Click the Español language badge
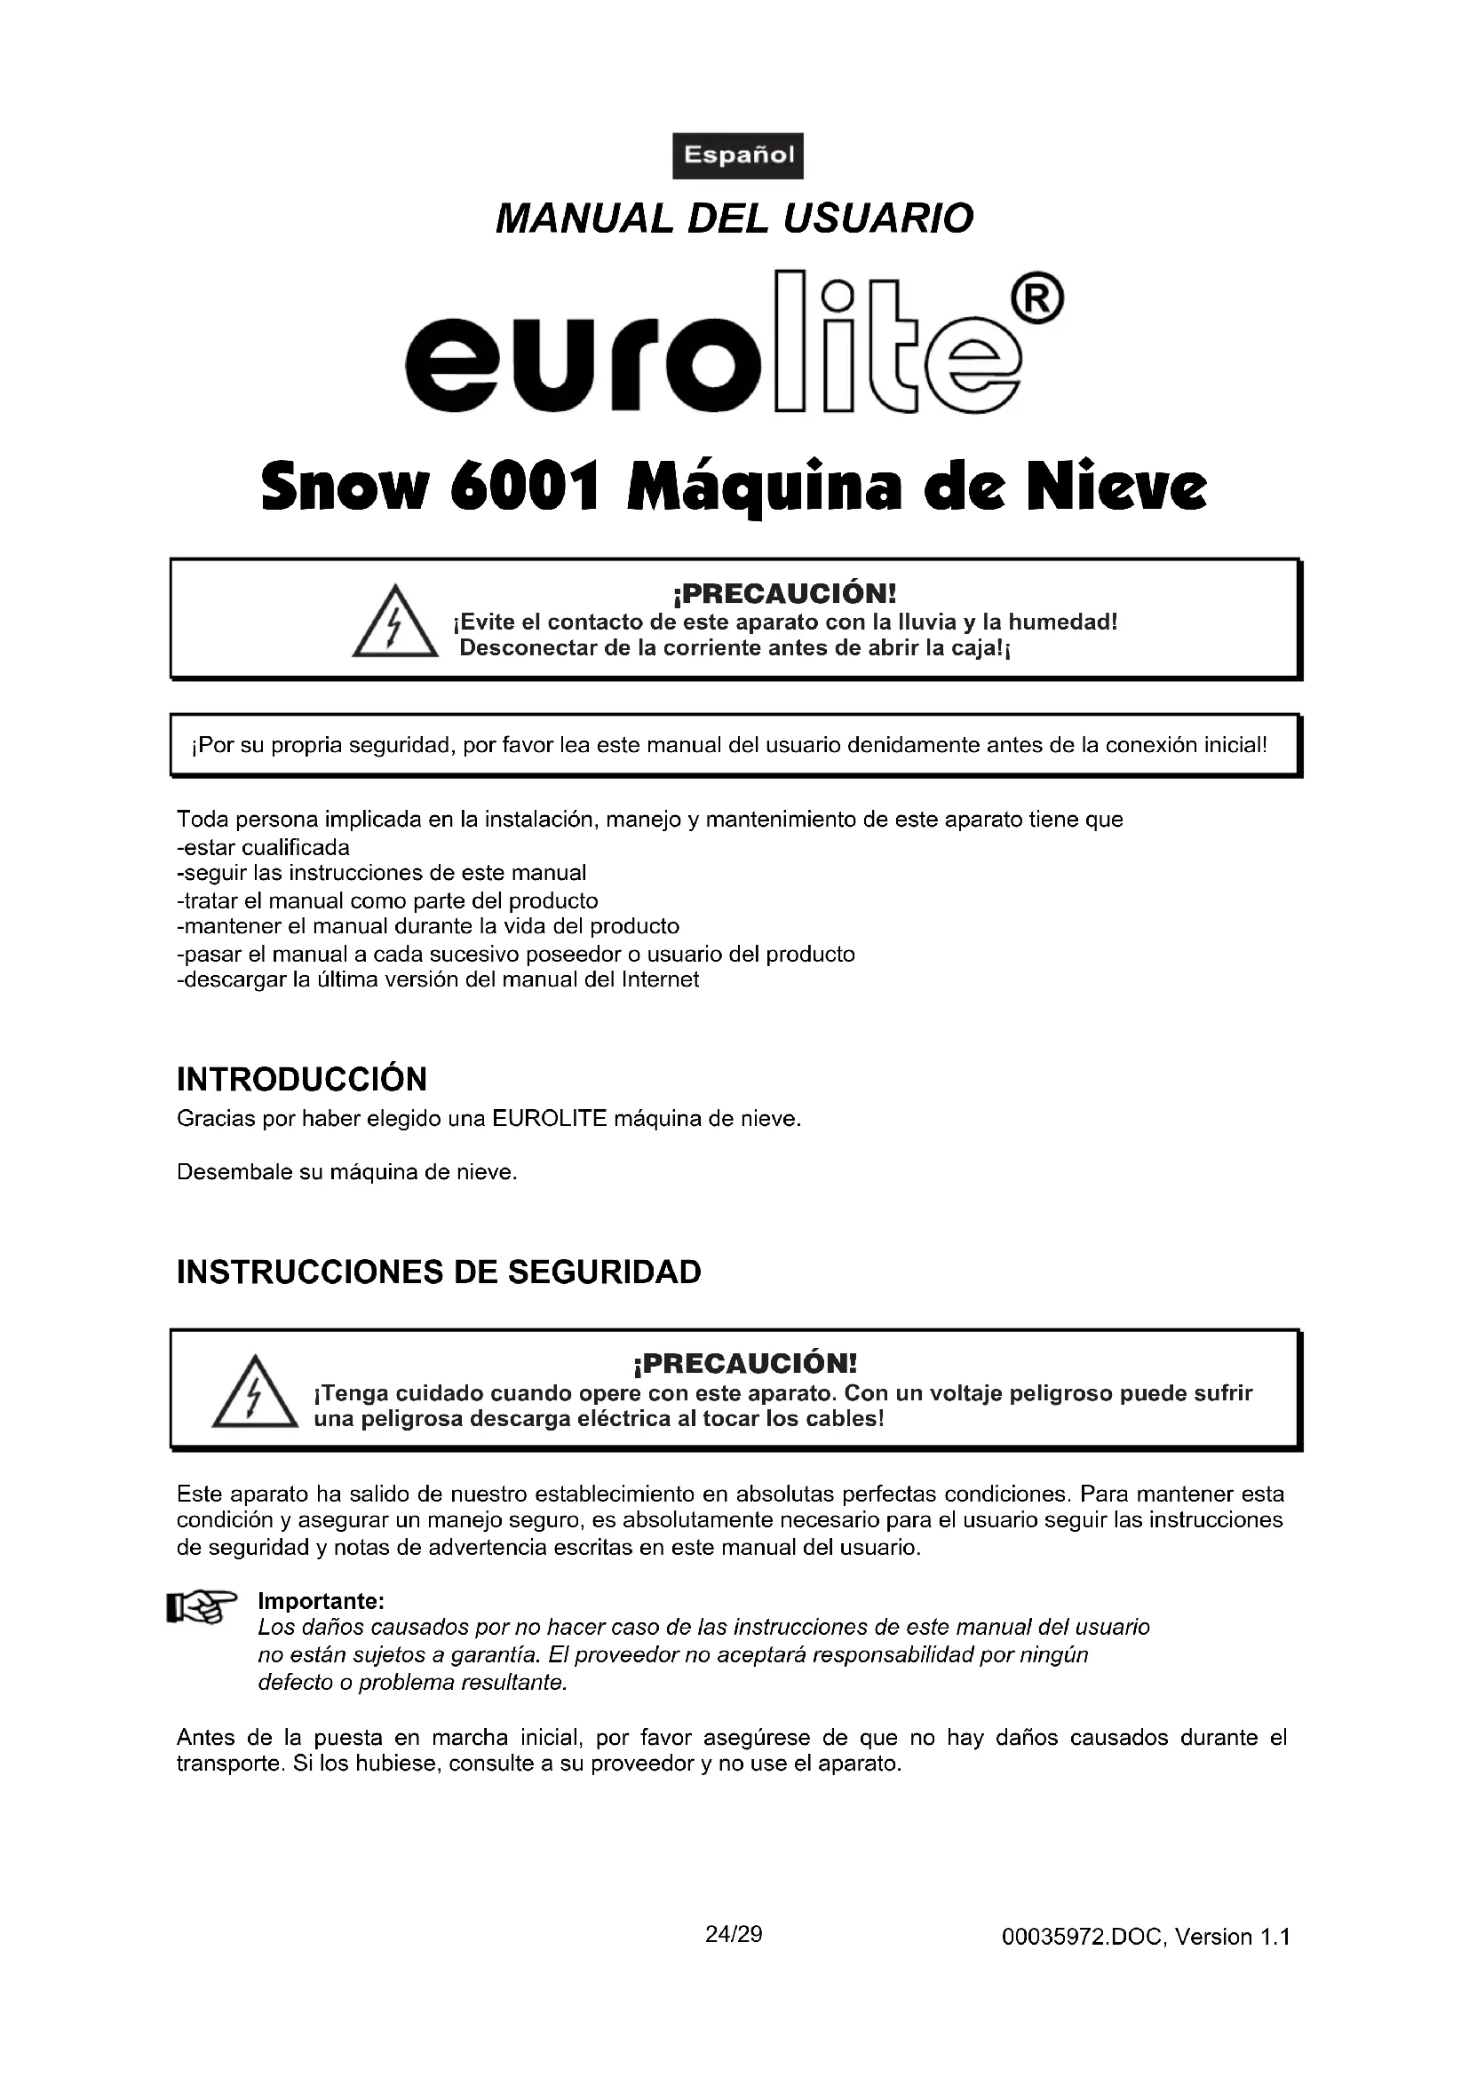pos(737,155)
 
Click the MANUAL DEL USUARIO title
pos(734,219)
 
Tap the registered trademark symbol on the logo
pos(1039,297)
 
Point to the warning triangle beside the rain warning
pos(394,623)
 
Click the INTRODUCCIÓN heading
pos(301,1079)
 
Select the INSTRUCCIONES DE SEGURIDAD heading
pos(439,1272)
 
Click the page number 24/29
pos(734,1934)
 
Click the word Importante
pos(322,1601)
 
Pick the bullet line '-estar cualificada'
pos(263,848)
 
